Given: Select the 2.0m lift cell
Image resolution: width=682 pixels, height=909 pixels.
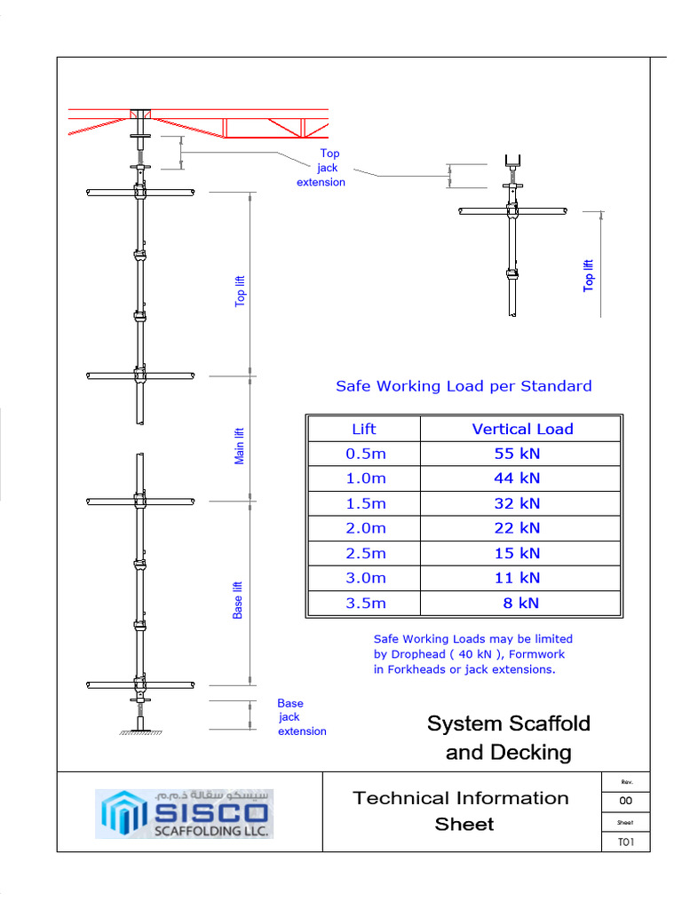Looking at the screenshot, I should pos(366,528).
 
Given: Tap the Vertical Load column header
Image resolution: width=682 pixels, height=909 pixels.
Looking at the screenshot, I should pos(522,429).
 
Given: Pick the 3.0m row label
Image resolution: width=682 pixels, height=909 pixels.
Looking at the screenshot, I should pos(366,578).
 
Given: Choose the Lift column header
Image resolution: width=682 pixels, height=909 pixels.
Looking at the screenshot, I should pos(364,429).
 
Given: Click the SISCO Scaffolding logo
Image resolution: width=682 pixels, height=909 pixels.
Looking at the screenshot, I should pos(185,812).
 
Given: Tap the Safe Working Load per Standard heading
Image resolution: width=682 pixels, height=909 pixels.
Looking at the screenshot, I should pos(463,386).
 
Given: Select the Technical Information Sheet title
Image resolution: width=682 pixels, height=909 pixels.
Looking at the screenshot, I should pos(461,810).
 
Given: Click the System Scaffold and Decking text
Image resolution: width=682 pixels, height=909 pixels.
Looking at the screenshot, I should pos(508,738).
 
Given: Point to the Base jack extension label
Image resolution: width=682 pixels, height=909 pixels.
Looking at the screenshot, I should pos(301,717).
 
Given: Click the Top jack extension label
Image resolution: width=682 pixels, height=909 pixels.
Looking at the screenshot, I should pos(321,168).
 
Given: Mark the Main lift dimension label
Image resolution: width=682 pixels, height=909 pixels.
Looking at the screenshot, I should pos(239,446).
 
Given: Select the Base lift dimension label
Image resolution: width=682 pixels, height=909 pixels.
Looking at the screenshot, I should pos(238,600).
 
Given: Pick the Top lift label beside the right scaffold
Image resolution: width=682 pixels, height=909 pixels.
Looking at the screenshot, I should pos(588,275).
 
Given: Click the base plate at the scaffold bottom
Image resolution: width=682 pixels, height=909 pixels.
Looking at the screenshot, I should pos(140,730).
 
